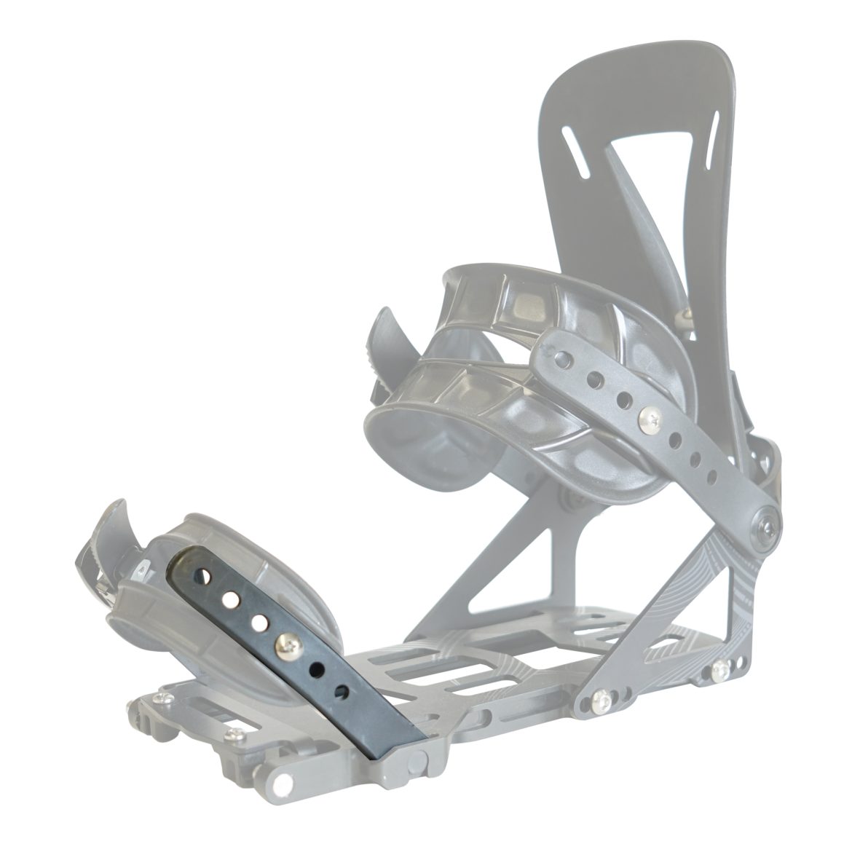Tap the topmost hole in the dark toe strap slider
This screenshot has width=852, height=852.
[210, 575]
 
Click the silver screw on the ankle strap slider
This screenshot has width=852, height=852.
[646, 418]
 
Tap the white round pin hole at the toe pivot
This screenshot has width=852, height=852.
[278, 785]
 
